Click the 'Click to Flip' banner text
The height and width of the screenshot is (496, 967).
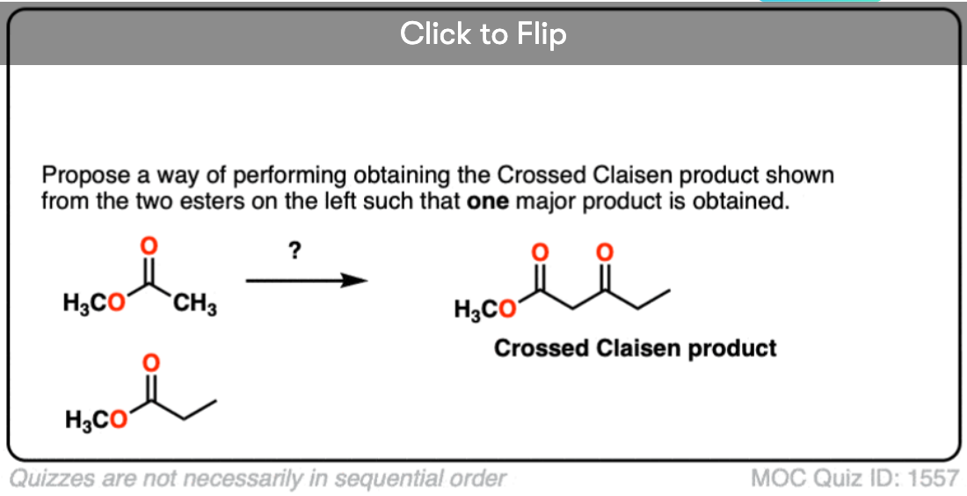[483, 34]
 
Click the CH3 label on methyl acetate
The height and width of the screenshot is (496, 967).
[196, 307]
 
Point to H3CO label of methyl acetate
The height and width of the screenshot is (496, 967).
[92, 306]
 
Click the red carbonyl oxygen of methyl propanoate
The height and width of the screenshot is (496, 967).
[151, 361]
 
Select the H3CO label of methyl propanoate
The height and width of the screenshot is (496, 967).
[96, 421]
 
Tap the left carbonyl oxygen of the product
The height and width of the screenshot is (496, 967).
[542, 252]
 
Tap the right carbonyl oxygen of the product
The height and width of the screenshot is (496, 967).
[603, 252]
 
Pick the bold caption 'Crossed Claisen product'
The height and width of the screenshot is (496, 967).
[635, 349]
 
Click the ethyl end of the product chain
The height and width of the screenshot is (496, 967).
[659, 294]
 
